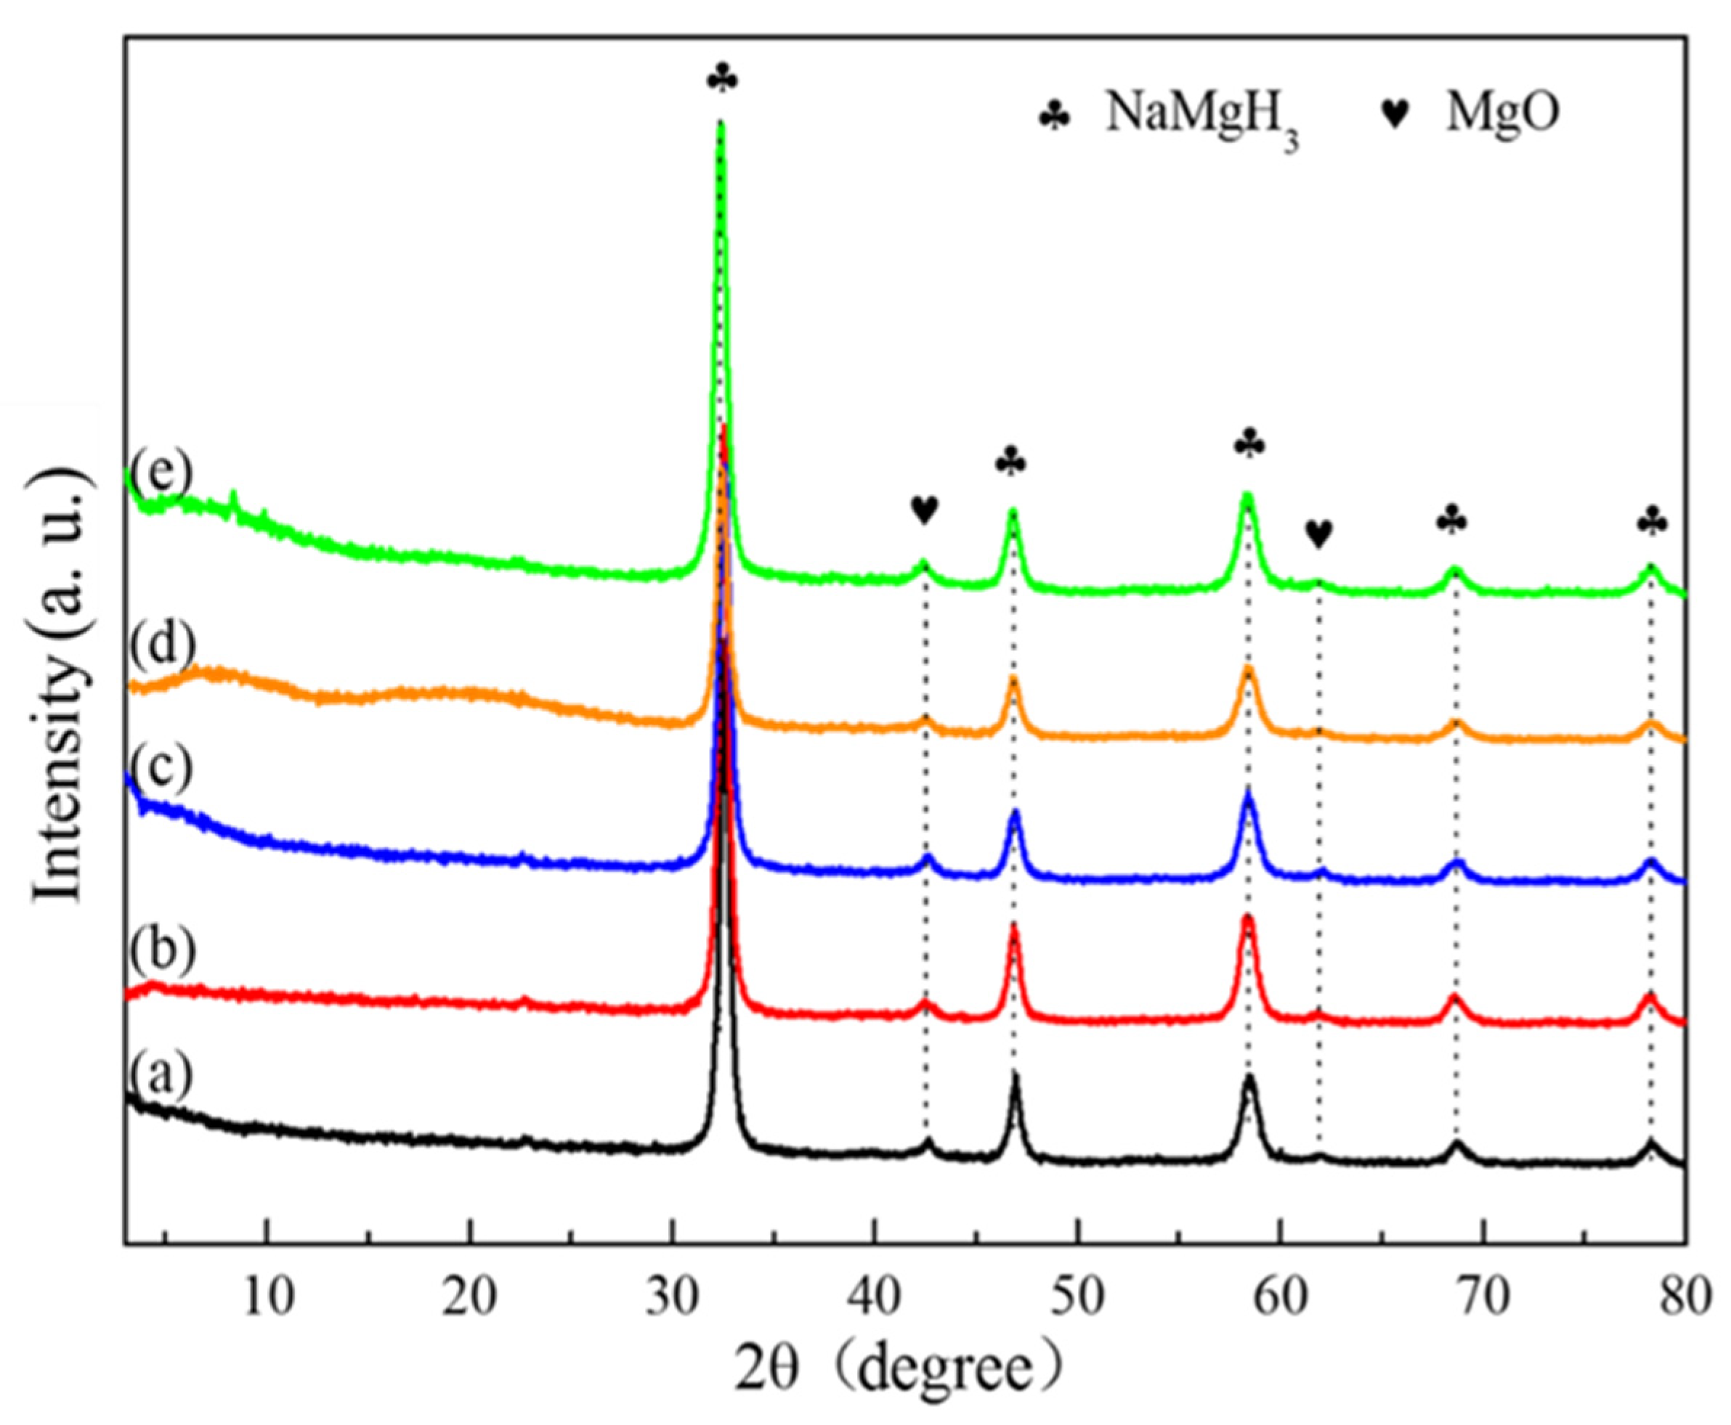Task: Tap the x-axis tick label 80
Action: (x=1683, y=1300)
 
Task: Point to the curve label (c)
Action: (x=159, y=767)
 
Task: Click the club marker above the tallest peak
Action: (x=723, y=80)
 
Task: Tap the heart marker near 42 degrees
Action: (x=924, y=510)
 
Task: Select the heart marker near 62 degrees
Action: (x=1319, y=534)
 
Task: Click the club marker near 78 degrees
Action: (x=1652, y=522)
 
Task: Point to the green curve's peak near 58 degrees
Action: (x=1247, y=497)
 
